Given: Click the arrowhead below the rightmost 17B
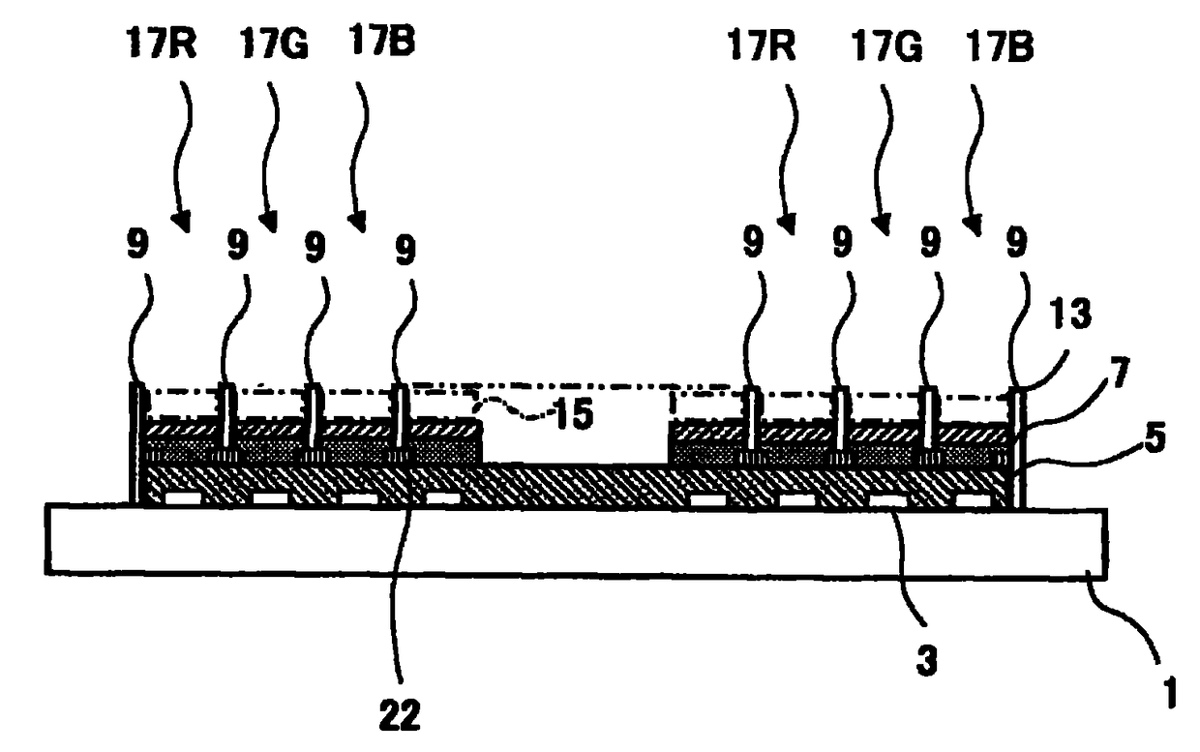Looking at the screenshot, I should tap(975, 227).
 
